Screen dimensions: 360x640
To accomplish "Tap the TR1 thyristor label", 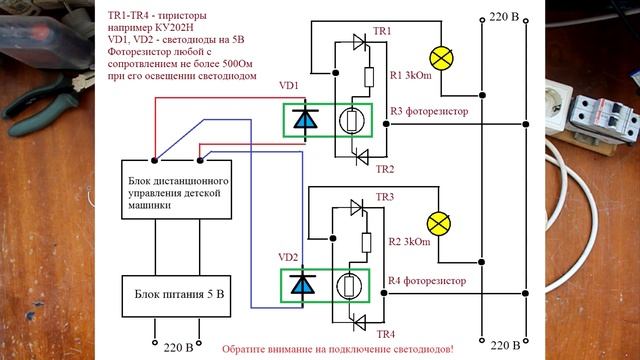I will pyautogui.click(x=381, y=33).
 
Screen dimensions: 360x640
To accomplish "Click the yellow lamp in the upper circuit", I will pyautogui.click(x=438, y=56).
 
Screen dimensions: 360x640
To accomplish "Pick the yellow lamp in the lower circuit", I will pyautogui.click(x=438, y=222).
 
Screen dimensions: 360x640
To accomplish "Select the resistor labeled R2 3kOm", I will pyautogui.click(x=368, y=243).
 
